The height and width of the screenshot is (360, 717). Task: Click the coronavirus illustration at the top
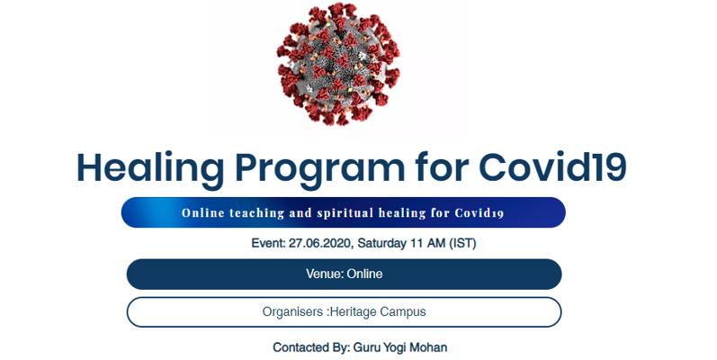click(x=338, y=64)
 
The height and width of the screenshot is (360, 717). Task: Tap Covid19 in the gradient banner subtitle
click(x=479, y=213)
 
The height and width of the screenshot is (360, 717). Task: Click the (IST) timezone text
click(x=462, y=243)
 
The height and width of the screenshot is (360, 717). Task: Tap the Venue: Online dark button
click(x=344, y=274)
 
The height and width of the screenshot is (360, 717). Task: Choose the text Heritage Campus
click(x=378, y=312)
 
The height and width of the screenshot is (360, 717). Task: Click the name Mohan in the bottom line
click(x=428, y=347)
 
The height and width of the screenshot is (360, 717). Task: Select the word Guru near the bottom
click(x=364, y=347)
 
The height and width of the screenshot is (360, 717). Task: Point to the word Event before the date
click(x=268, y=243)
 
